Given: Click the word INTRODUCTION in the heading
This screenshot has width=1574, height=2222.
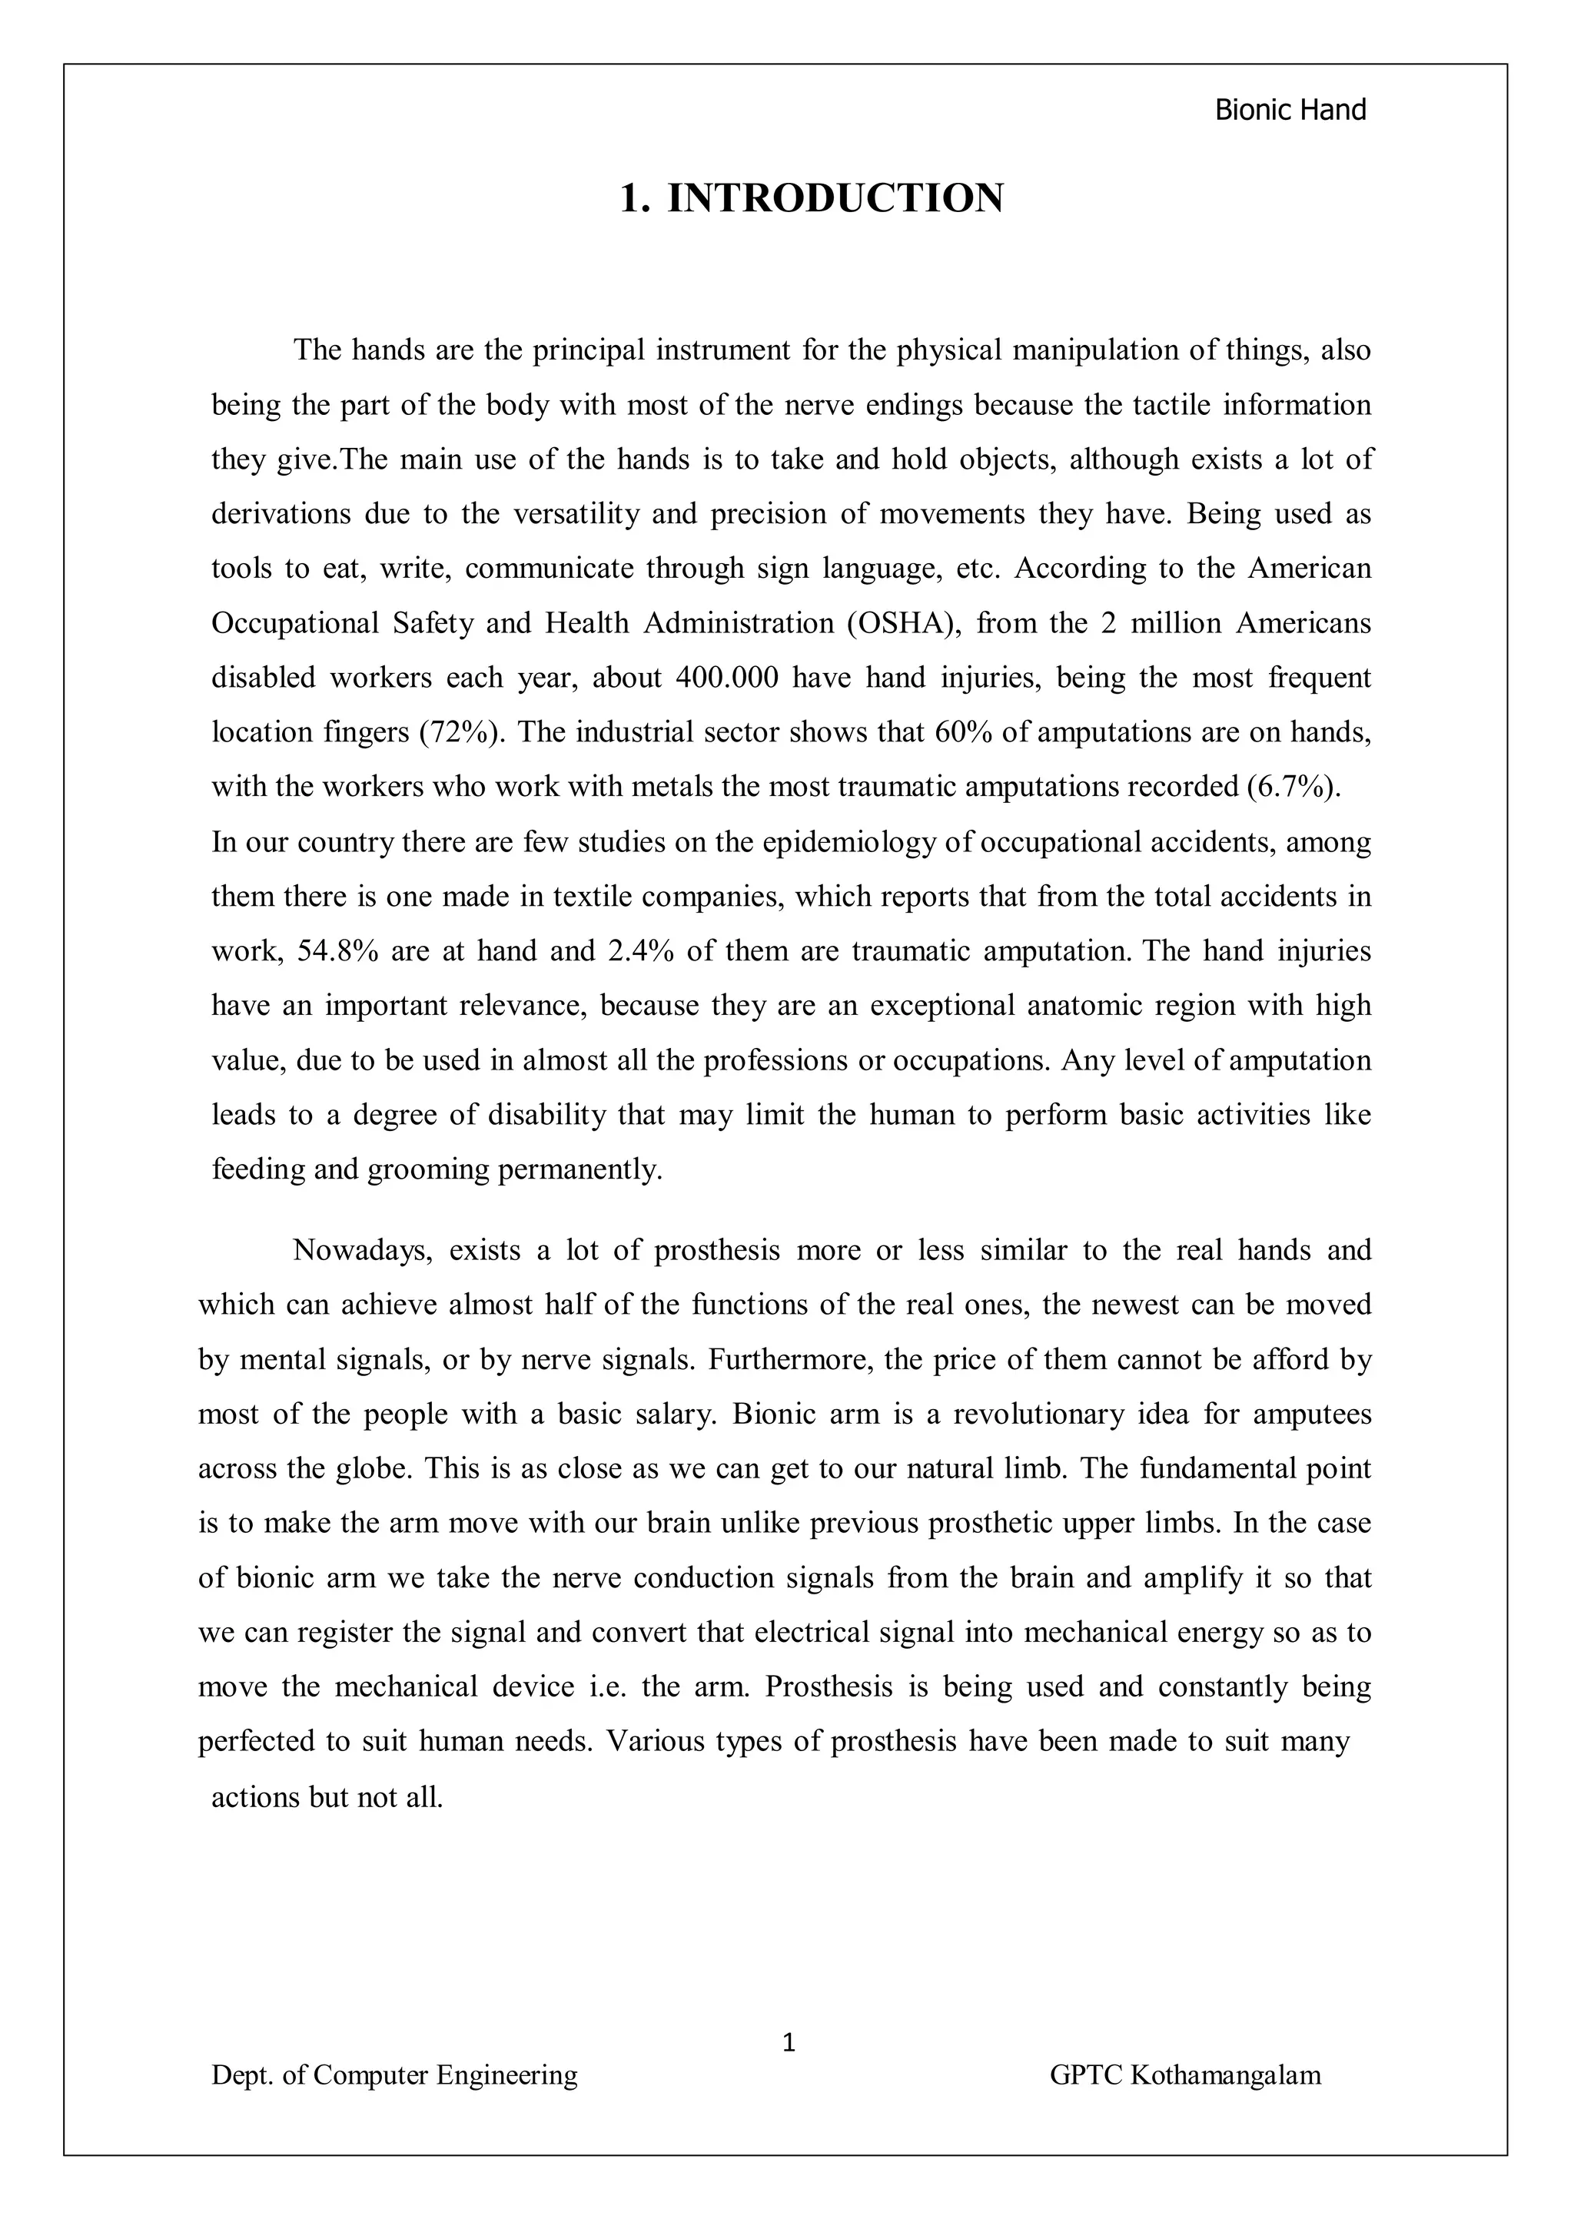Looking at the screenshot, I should pyautogui.click(x=835, y=199).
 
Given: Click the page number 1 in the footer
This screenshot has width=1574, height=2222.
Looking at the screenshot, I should pyautogui.click(x=788, y=2043).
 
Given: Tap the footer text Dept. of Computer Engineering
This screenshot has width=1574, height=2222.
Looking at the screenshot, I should pyautogui.click(x=394, y=2074).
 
